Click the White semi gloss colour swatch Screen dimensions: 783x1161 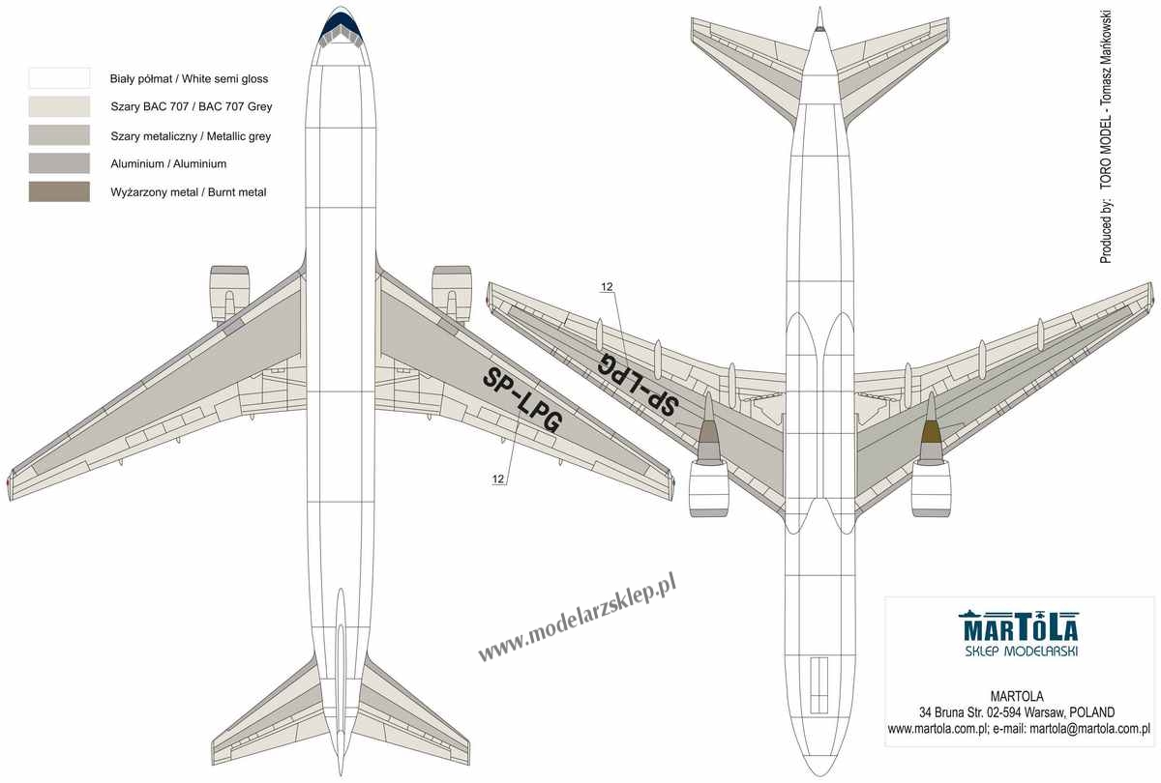tap(59, 78)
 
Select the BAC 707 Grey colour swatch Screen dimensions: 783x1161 tap(59, 106)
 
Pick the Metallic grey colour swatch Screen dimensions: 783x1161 tap(59, 135)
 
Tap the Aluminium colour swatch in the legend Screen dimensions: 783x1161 tap(59, 163)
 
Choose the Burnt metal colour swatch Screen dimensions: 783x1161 tap(59, 191)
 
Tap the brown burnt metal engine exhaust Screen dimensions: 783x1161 tap(932, 433)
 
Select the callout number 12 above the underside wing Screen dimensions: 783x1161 tap(607, 286)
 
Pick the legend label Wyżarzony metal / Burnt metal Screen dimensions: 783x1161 tap(188, 192)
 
